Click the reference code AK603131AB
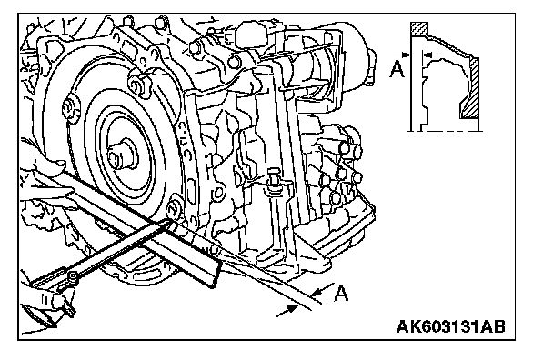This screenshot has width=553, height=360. pyautogui.click(x=450, y=326)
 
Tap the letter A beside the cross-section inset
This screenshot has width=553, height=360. pyautogui.click(x=397, y=69)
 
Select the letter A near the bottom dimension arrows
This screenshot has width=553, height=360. pyautogui.click(x=341, y=293)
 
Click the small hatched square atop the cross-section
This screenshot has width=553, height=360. pyautogui.click(x=419, y=29)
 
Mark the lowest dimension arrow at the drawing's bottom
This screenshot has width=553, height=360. pyautogui.click(x=287, y=310)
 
